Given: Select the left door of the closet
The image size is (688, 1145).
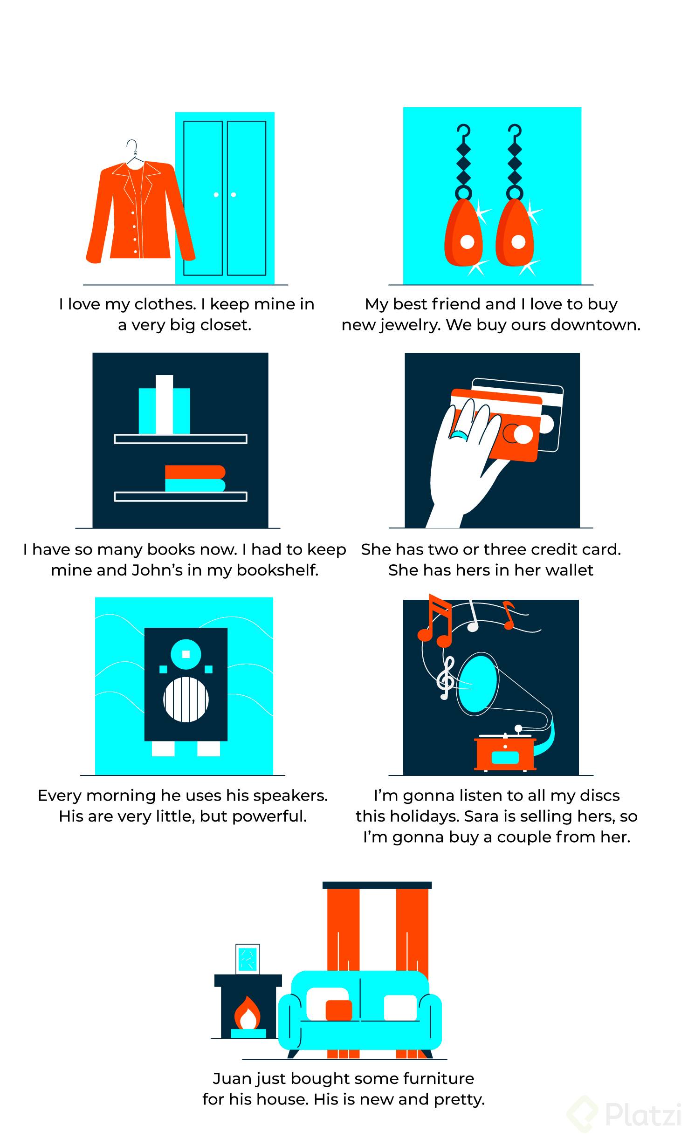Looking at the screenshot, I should point(203,198).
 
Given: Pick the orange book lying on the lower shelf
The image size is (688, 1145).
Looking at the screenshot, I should point(195,472).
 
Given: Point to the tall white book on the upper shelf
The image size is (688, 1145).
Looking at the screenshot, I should point(164,404).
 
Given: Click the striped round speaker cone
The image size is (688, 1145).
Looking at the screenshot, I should point(186,699).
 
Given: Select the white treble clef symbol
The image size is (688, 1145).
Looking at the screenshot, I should point(446,678).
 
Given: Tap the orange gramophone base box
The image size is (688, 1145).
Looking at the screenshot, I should point(505,754).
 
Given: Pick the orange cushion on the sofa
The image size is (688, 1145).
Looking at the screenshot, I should point(338,1010).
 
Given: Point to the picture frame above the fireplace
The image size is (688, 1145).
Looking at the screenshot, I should point(248,960).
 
